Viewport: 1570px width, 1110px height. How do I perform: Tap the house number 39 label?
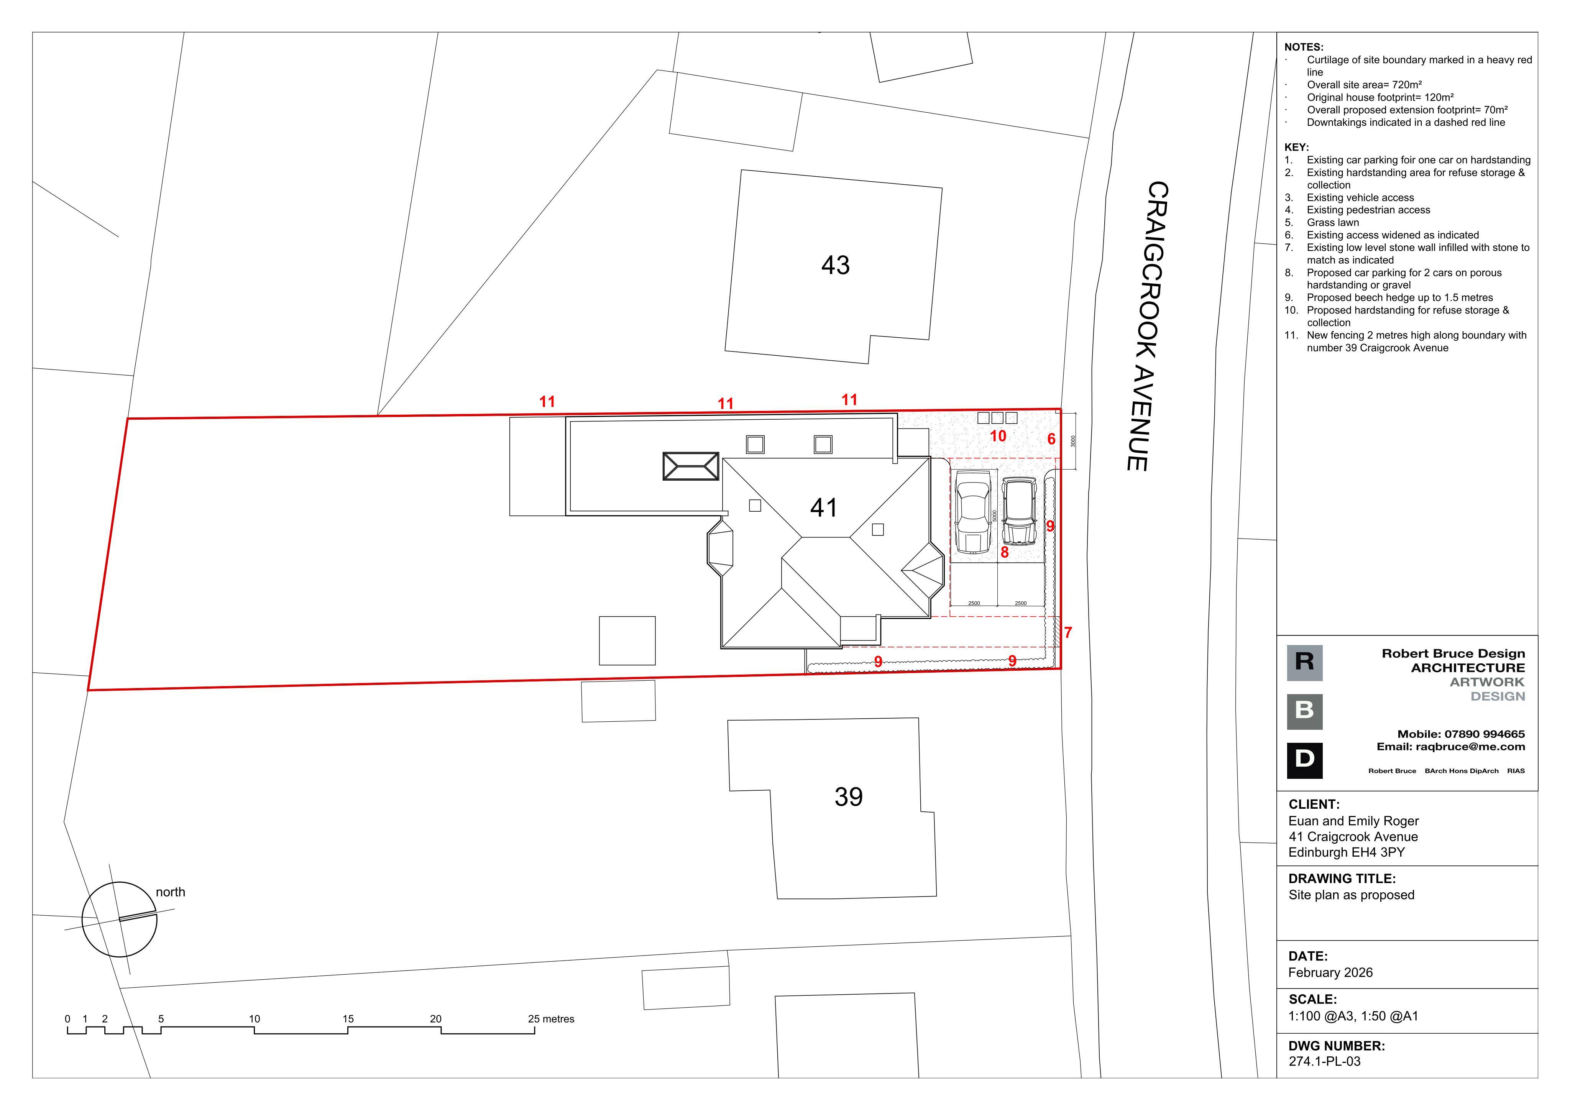(849, 797)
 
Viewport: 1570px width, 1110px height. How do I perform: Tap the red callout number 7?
(1068, 633)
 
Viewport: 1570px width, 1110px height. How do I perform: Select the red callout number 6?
(1052, 439)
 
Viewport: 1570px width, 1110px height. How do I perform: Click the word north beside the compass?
(170, 892)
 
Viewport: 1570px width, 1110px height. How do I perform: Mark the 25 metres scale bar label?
(551, 1019)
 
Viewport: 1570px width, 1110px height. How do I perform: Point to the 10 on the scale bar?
(255, 1019)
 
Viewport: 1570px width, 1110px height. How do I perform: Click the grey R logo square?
(1305, 663)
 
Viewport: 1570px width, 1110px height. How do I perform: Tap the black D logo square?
(1305, 760)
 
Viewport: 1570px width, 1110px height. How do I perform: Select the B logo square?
(1305, 712)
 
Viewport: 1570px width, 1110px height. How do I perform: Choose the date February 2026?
(1331, 972)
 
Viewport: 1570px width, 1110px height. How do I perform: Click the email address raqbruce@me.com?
(1470, 747)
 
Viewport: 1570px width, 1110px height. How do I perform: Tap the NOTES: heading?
(1304, 47)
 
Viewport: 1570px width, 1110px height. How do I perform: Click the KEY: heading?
(1296, 147)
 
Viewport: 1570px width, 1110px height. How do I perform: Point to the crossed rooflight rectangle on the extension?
(691, 466)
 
